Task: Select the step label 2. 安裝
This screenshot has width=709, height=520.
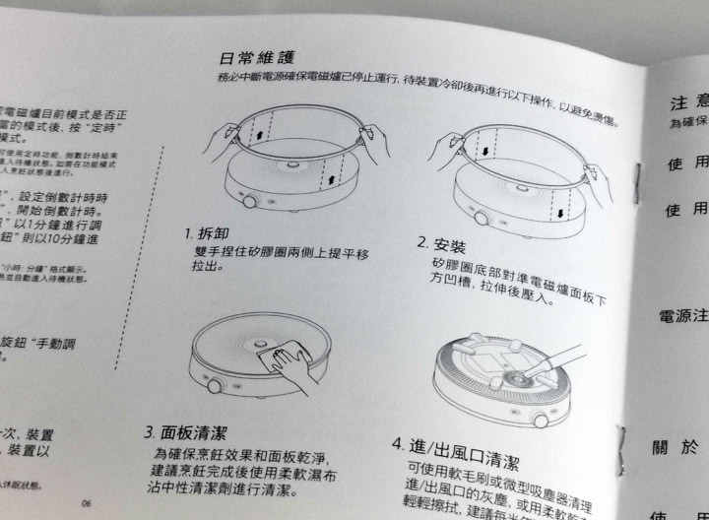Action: point(441,243)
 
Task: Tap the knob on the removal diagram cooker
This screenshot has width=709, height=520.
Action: point(250,201)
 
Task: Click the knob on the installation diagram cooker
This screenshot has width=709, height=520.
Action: point(480,217)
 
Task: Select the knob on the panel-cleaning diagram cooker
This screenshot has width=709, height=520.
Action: point(214,385)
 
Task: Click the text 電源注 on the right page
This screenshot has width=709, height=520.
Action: point(682,316)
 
